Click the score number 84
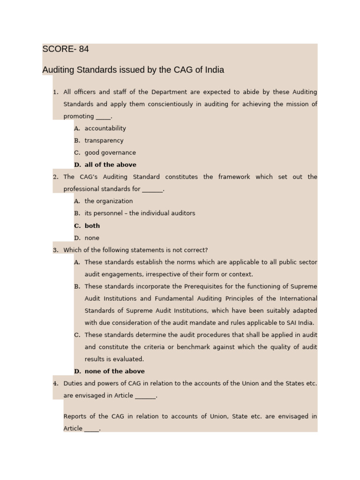pos(84,49)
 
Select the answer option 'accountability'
pos(105,128)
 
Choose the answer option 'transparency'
pos(104,141)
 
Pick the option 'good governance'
pos(110,153)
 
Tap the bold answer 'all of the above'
pos(110,165)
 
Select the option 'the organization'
pos(108,201)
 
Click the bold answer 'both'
pos(92,225)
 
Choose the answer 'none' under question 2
pos(92,238)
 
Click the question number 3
pos(55,250)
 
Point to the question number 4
pos(55,383)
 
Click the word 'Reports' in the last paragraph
pos(75,416)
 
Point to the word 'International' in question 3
pos(298,299)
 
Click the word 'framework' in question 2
pos(234,177)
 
